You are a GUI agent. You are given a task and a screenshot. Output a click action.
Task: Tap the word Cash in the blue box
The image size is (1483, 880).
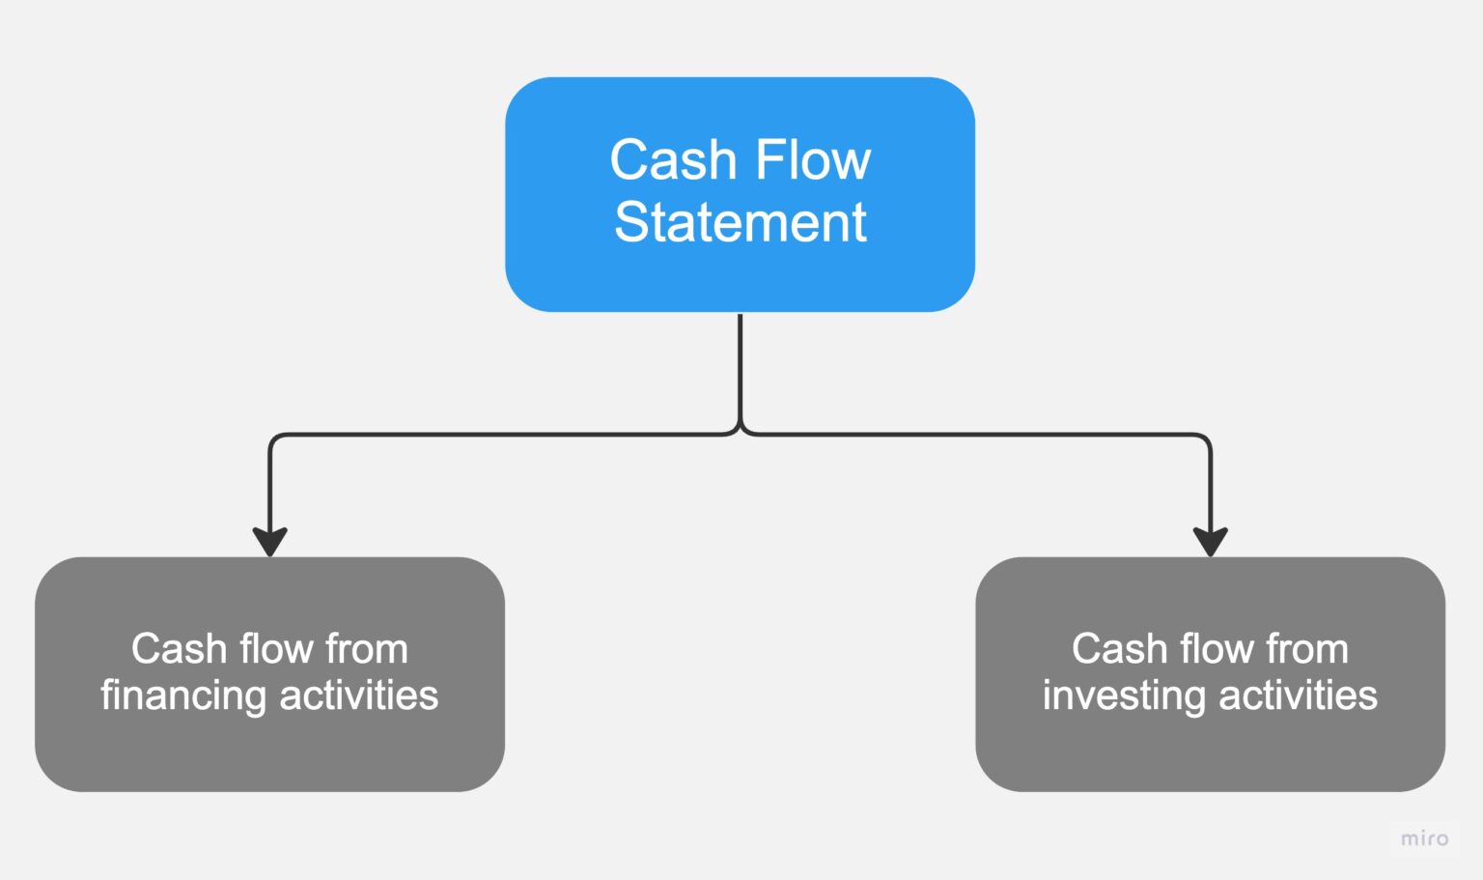point(673,160)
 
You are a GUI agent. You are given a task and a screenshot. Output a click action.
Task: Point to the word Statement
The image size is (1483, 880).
point(740,222)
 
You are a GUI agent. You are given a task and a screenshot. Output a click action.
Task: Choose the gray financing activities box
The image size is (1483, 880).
point(269,753)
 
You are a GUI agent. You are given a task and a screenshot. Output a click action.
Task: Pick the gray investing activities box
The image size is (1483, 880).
point(1210,753)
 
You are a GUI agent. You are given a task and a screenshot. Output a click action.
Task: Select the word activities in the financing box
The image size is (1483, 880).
point(359,695)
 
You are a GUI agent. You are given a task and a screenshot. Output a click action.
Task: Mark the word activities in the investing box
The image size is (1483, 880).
point(1299,695)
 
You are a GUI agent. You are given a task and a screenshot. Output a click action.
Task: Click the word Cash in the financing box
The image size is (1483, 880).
point(171,649)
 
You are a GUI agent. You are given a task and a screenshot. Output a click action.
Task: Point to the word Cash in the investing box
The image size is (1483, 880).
point(1111,649)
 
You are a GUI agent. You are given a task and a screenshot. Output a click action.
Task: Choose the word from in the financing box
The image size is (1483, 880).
point(366,649)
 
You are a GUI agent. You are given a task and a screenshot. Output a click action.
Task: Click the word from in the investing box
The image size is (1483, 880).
point(1306,649)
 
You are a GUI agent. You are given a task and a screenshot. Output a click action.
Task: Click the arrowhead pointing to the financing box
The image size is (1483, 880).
point(269,541)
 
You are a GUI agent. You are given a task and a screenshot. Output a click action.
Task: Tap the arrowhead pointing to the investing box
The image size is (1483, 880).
point(1210,541)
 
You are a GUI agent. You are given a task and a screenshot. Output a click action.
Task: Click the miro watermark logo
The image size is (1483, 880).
point(1424,838)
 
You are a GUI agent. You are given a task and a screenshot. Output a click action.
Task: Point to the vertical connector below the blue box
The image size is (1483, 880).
point(740,372)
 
